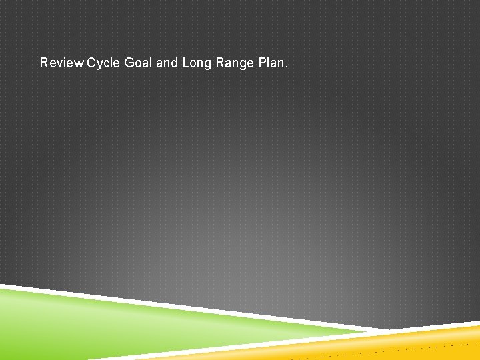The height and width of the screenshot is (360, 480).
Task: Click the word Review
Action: [62, 63]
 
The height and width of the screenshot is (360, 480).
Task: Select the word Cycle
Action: [103, 63]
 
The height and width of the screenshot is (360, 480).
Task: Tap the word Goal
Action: [138, 63]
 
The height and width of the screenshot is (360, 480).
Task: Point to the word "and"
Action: [167, 63]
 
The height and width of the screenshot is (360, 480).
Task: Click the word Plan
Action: [270, 63]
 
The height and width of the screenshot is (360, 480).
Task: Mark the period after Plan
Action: [287, 67]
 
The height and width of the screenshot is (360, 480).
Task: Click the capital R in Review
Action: [44, 63]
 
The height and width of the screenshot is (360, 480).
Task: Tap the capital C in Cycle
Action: [91, 63]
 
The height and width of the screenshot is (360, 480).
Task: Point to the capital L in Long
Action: [185, 63]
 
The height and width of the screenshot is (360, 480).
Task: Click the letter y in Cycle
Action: [100, 65]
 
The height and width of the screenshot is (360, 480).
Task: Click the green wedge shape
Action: [100, 327]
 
